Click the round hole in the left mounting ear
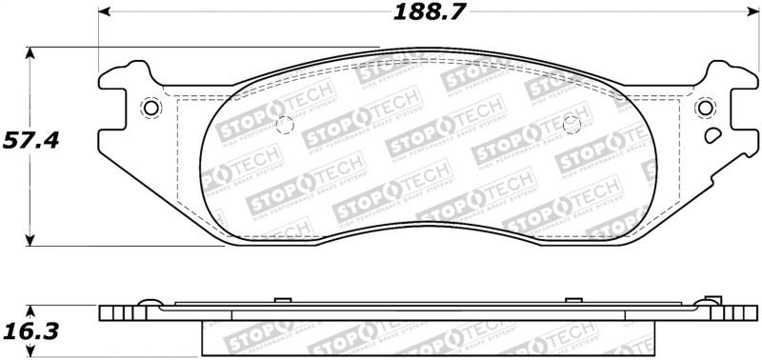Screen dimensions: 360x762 [x=149, y=108]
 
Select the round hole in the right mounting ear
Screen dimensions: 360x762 [x=705, y=108]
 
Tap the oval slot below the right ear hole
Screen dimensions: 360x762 [x=712, y=135]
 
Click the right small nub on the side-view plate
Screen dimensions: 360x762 [x=571, y=301]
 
